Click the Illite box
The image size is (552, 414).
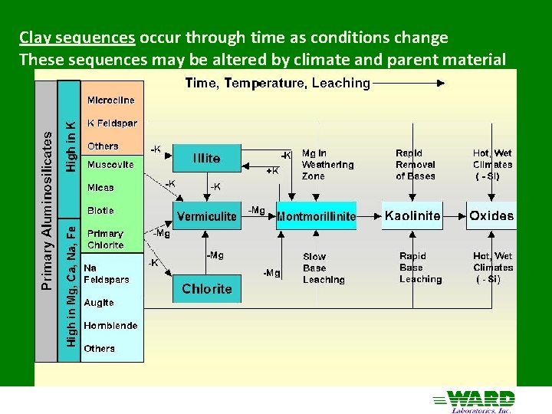pyautogui.click(x=207, y=158)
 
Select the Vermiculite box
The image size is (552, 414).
pyautogui.click(x=207, y=216)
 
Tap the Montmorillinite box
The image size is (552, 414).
pyautogui.click(x=316, y=216)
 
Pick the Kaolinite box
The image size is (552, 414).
pyautogui.click(x=412, y=216)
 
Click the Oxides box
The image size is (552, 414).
pyautogui.click(x=491, y=216)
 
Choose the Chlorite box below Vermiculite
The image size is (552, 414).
pyautogui.click(x=207, y=289)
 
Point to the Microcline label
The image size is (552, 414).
pyautogui.click(x=110, y=100)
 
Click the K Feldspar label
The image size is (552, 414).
pyautogui.click(x=111, y=123)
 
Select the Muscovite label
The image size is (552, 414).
pyautogui.click(x=110, y=164)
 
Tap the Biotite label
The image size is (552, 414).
pyautogui.click(x=100, y=210)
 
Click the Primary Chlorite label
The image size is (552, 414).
pyautogui.click(x=105, y=239)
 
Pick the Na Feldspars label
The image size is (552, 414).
pyautogui.click(x=106, y=274)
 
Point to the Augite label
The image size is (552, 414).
pyautogui.click(x=99, y=303)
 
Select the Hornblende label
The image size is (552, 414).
pyautogui.click(x=110, y=325)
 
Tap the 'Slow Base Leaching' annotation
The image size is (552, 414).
pyautogui.click(x=324, y=268)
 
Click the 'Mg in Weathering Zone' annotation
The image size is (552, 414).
pyautogui.click(x=327, y=164)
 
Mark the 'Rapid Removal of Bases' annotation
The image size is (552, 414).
pyautogui.click(x=416, y=164)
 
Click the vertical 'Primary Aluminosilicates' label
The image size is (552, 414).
pyautogui.click(x=47, y=210)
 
